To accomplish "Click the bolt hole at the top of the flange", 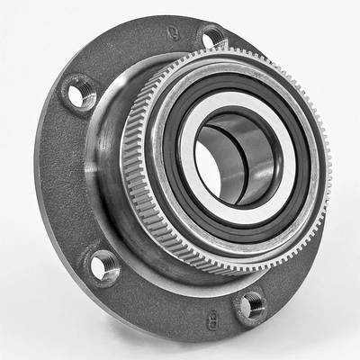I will tap(212, 37).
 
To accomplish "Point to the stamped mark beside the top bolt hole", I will tap(173, 32).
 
